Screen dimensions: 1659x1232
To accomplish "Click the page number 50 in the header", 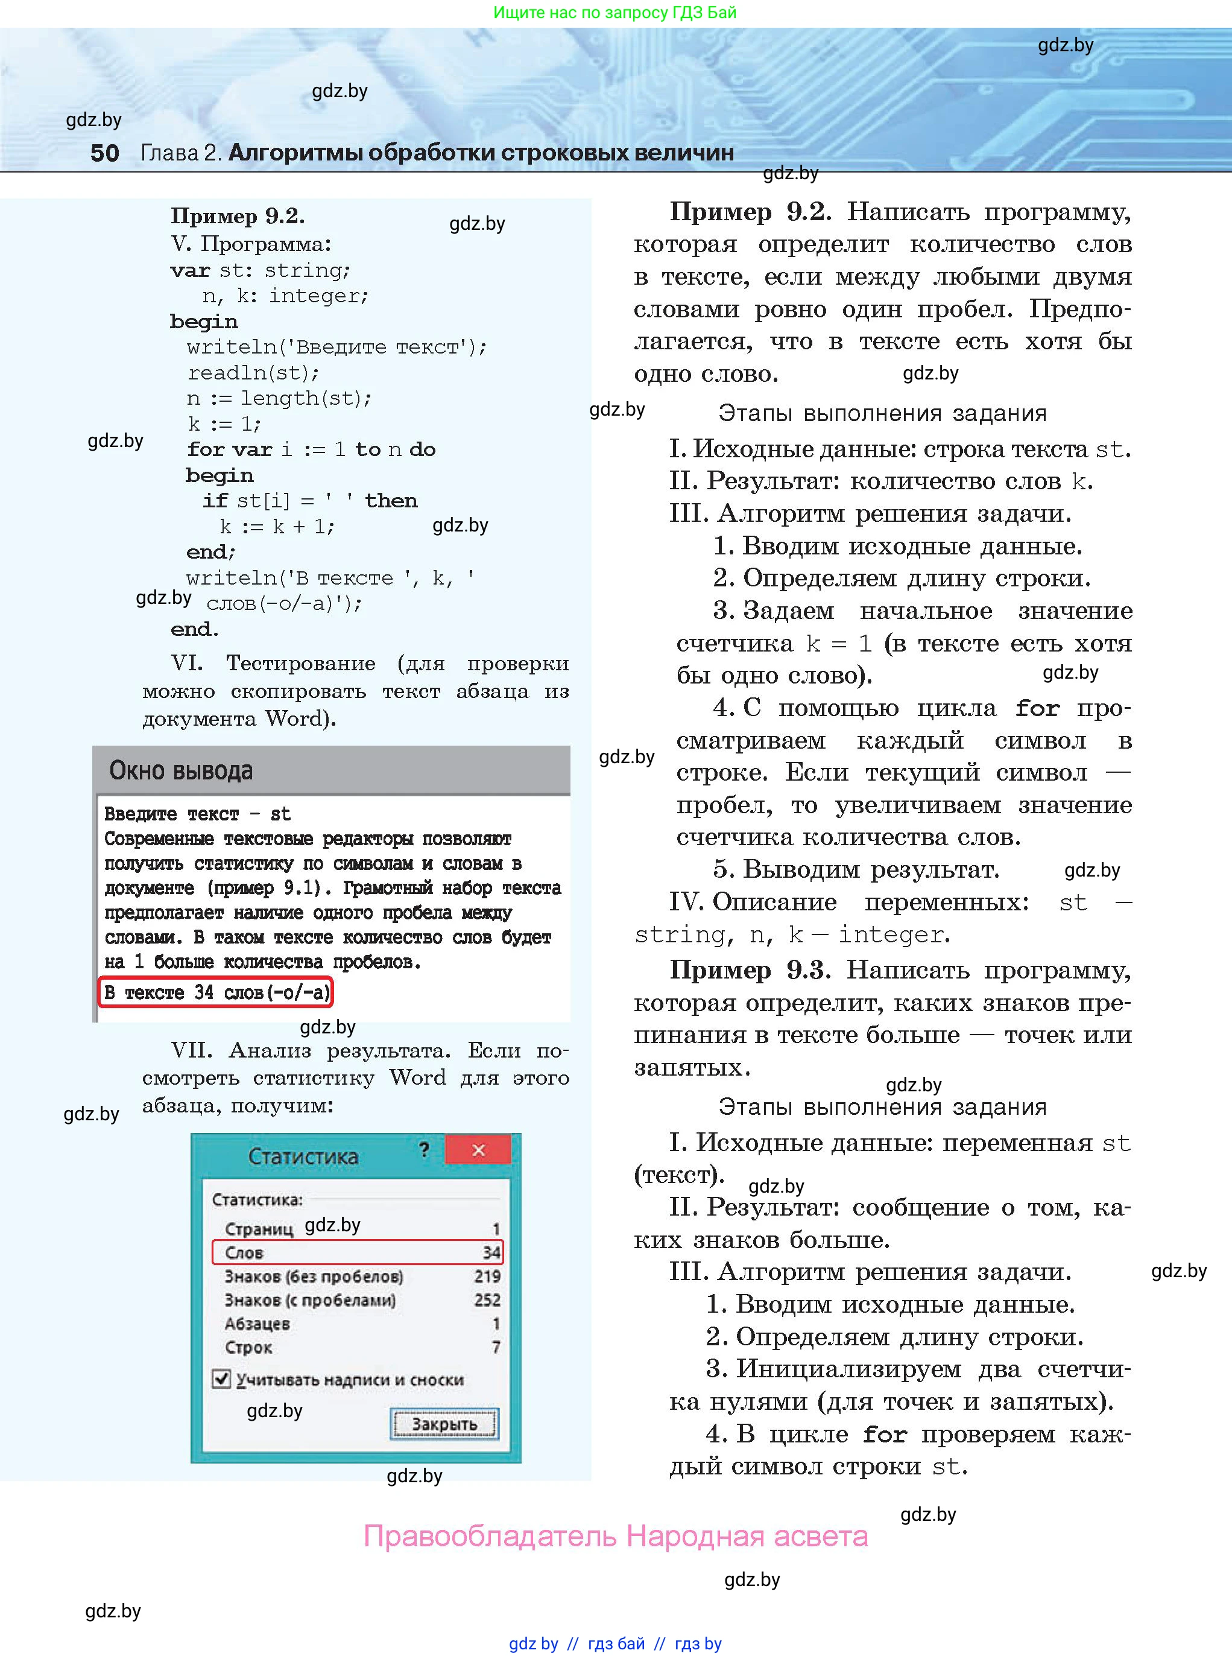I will [x=104, y=153].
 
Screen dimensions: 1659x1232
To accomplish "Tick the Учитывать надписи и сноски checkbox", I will [x=221, y=1378].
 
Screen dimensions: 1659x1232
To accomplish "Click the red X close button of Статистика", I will [x=478, y=1150].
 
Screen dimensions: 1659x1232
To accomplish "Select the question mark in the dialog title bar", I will [x=425, y=1149].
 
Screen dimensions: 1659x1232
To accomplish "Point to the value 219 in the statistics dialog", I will [x=487, y=1277].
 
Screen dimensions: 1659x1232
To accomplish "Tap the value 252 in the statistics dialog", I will [x=487, y=1300].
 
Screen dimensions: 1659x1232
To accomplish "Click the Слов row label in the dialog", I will [x=245, y=1252].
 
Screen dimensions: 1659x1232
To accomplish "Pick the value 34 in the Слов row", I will [x=491, y=1252].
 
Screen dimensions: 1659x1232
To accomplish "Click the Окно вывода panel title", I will [x=182, y=770].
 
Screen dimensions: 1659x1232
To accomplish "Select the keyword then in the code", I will [x=391, y=501].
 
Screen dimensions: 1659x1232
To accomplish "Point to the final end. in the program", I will [x=195, y=629].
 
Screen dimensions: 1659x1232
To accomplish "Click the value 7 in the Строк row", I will [x=496, y=1347].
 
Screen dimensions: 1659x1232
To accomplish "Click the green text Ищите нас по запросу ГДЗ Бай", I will [x=615, y=13].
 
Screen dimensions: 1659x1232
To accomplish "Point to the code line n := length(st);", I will [x=279, y=398].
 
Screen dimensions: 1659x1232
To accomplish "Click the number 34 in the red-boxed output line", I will [x=204, y=992].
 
